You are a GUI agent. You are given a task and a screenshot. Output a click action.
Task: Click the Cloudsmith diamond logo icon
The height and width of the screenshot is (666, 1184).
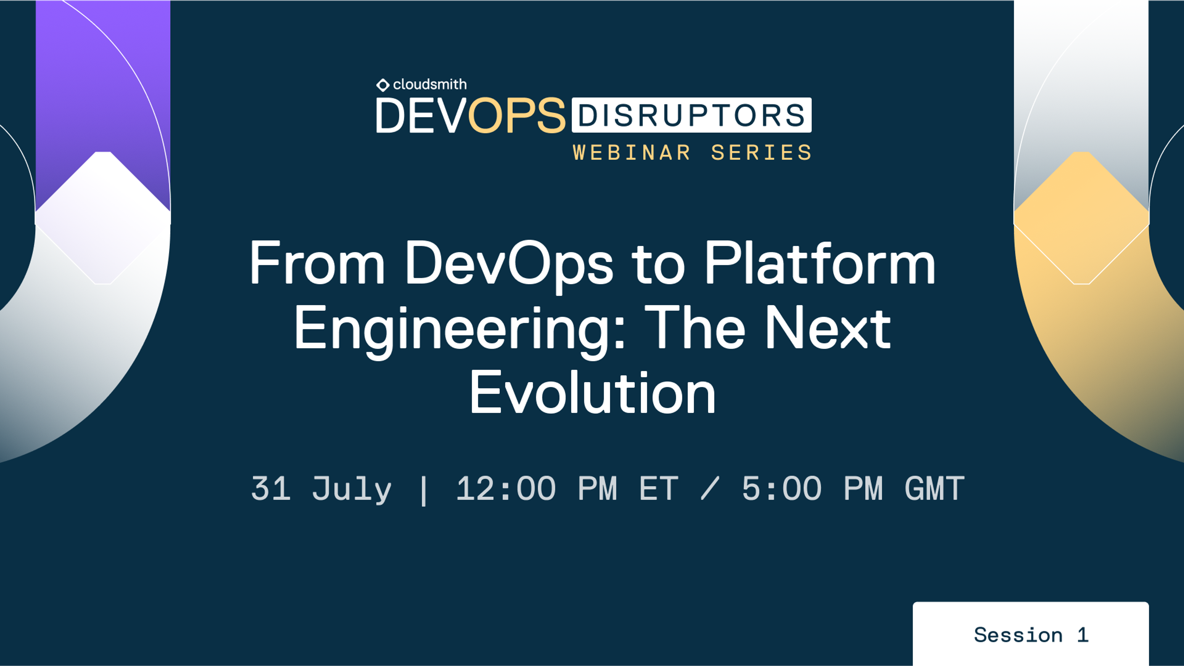click(x=382, y=85)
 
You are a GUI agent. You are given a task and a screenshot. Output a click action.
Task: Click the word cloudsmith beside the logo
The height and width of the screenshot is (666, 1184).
click(x=430, y=84)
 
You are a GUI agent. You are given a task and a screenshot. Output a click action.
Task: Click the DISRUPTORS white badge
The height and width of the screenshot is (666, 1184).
click(x=691, y=115)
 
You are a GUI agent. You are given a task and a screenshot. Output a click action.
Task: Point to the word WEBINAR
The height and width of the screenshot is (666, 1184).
click(x=631, y=152)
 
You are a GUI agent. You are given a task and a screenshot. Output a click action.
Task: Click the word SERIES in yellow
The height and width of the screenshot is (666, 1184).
click(x=761, y=152)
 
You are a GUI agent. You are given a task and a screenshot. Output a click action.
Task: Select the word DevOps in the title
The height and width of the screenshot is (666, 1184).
click(x=508, y=264)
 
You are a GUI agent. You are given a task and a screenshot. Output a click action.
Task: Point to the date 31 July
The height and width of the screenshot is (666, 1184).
click(x=321, y=489)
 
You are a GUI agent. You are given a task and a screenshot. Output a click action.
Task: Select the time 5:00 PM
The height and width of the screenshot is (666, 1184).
click(x=812, y=489)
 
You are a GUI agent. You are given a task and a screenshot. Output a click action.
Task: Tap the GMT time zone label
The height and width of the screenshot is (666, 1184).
click(x=935, y=489)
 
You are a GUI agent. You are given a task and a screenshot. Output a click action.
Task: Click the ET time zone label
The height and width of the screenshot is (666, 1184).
click(x=659, y=489)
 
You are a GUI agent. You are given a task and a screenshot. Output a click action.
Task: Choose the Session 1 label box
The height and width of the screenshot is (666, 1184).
click(x=1030, y=634)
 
